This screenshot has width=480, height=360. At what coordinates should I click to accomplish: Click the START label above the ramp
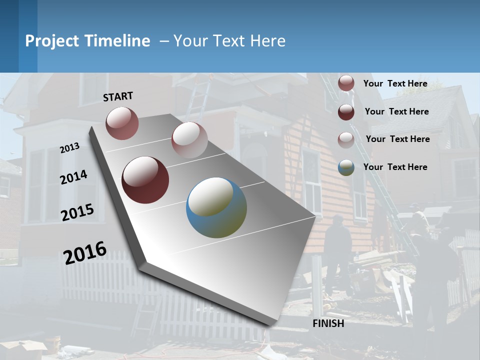(x=118, y=96)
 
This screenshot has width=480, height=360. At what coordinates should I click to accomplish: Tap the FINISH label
(x=328, y=323)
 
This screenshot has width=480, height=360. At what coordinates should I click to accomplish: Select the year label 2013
(x=69, y=147)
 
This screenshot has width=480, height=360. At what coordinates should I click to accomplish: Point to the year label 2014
(x=73, y=177)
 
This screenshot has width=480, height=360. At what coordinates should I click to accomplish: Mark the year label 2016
(x=85, y=252)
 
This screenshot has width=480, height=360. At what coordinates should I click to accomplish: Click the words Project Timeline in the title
(x=87, y=41)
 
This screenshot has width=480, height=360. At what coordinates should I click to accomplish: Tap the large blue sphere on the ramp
(x=216, y=207)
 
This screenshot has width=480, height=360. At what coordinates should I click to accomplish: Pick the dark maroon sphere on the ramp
(x=145, y=180)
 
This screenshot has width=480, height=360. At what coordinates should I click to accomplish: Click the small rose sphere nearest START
(x=122, y=123)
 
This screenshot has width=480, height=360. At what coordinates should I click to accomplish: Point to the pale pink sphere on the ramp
(x=189, y=140)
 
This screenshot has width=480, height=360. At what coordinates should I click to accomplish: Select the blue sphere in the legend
(x=346, y=167)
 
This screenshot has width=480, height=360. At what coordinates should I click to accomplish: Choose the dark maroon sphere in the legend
(x=346, y=112)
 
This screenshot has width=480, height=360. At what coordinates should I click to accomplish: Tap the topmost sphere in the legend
(x=346, y=83)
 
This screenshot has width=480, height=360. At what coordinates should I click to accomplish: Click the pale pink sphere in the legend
(x=346, y=139)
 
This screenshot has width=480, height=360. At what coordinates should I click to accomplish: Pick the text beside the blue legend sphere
(x=395, y=167)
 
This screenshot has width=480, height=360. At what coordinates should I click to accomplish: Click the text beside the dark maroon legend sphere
(x=396, y=111)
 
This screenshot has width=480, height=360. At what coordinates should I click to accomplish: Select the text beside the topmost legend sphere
(x=395, y=83)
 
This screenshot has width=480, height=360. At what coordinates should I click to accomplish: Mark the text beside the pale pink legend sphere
(x=397, y=139)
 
